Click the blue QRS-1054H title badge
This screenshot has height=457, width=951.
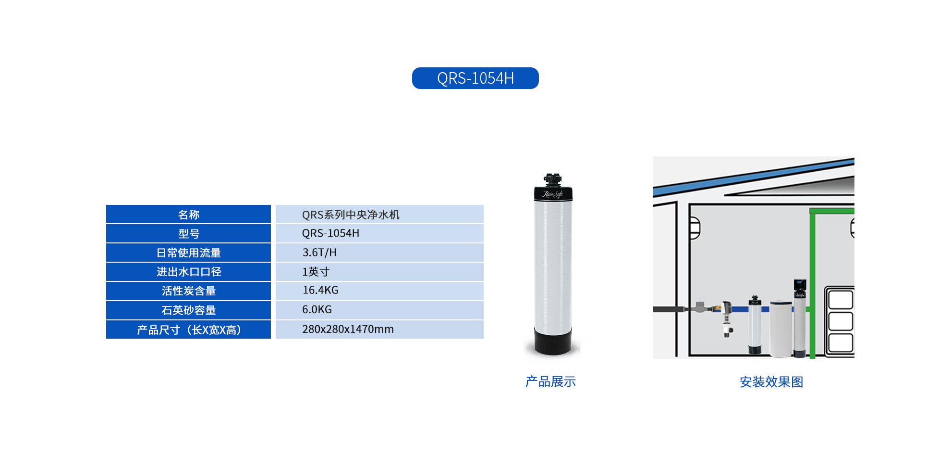[x=475, y=78]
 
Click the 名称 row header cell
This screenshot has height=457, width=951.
[x=188, y=214]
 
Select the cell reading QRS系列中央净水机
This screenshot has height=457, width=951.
[x=379, y=214]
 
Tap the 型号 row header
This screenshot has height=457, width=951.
[x=188, y=233]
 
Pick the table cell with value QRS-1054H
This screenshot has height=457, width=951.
[x=379, y=233]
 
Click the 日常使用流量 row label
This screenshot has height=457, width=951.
[x=188, y=253]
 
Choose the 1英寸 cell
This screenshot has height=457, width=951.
[x=379, y=272]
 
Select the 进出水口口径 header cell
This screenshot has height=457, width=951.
[x=188, y=272]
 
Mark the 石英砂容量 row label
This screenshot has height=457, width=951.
[x=188, y=310]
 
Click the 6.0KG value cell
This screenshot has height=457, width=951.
[x=379, y=310]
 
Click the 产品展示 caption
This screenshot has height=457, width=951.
[x=550, y=381]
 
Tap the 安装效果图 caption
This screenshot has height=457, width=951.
[x=771, y=381]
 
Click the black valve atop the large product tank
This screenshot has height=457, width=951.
[x=553, y=180]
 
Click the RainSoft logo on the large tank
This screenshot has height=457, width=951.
[x=553, y=194]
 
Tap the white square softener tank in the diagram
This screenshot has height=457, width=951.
[x=780, y=329]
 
